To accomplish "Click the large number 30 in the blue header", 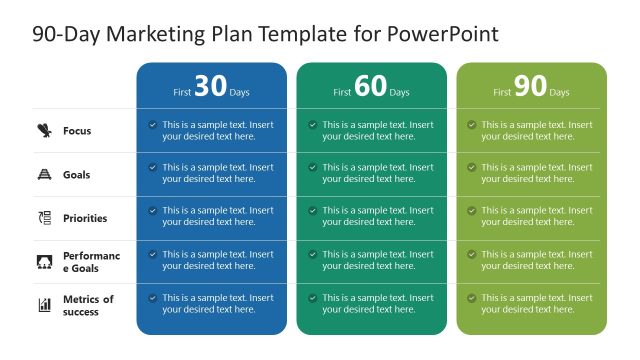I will coord(210,87).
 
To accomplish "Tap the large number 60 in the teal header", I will coord(370,87).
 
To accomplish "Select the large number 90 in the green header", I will coord(530,87).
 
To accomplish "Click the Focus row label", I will coord(77,131).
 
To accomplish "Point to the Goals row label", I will coord(77,175).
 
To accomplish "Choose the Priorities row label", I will coord(85,218).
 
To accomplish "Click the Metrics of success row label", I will coord(88,305).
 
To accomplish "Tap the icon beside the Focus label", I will coord(44,130).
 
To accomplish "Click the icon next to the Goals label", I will coord(44,174).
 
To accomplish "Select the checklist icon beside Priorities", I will coord(44,218).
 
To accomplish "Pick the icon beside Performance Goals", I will coord(44,262).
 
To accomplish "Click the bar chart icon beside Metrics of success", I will coord(44,305).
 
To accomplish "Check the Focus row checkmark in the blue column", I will coord(152,125).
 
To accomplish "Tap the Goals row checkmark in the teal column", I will coord(312,168).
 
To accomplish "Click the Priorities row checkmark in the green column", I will coord(472,211).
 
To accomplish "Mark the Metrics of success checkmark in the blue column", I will coord(152,298).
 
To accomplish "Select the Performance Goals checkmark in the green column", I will coord(472,254).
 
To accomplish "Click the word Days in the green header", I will coord(559,93).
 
